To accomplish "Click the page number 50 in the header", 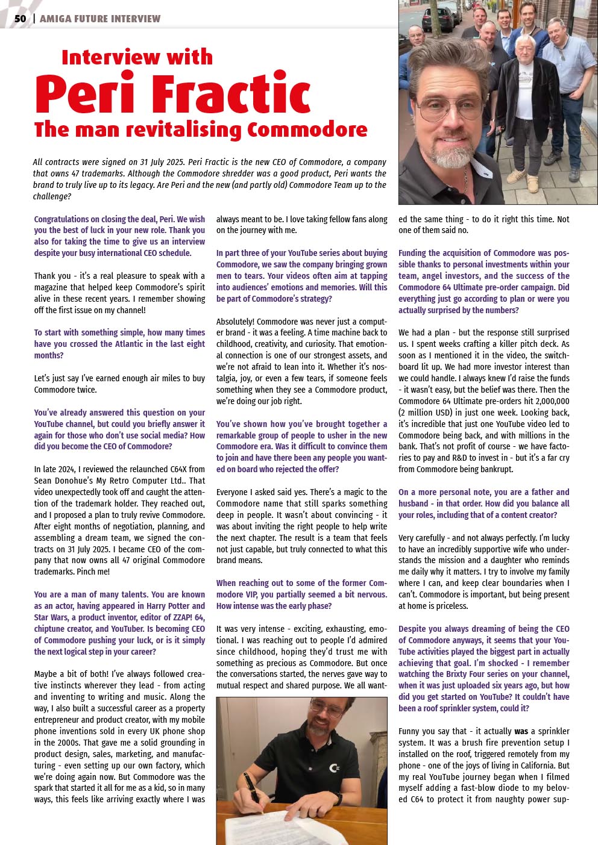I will pos(20,19).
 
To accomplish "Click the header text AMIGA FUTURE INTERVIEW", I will pos(100,19).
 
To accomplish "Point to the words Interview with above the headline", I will pos(137,57).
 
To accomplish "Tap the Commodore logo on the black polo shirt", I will pos(334,767).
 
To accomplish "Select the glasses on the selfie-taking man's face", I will pos(459,109).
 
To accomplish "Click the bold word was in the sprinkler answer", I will pos(521,731).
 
